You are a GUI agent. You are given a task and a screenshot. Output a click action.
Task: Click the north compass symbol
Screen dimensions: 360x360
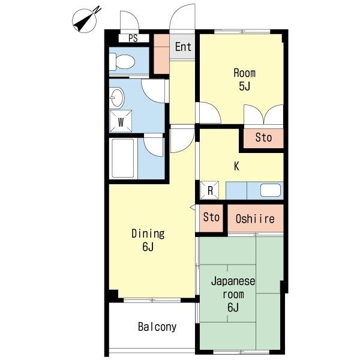(x=85, y=20)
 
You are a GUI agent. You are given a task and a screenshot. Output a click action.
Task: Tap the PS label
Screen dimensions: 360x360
(x=133, y=38)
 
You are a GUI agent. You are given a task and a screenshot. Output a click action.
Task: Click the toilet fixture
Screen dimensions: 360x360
(x=122, y=62)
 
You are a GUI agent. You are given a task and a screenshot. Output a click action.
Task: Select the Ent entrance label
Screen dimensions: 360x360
(x=183, y=47)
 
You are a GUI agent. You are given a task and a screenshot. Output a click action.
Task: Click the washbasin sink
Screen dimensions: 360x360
(x=117, y=98)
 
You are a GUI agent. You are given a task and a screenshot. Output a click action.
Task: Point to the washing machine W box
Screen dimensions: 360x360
(x=121, y=121)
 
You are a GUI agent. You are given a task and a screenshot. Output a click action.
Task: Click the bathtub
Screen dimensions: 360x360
(x=123, y=158)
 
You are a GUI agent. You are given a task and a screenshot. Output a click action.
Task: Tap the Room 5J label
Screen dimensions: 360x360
(x=245, y=79)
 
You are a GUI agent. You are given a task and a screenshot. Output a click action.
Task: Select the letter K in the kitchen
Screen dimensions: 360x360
(x=236, y=166)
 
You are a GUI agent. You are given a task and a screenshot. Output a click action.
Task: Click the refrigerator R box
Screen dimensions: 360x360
(x=209, y=190)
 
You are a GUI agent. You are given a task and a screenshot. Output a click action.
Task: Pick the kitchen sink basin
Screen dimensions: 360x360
(x=271, y=190)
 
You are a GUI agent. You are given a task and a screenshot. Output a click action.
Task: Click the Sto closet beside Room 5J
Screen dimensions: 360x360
(x=263, y=138)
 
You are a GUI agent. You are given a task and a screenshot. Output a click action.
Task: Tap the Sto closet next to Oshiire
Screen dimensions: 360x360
(x=211, y=218)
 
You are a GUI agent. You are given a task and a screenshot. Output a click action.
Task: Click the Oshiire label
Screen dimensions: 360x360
(x=255, y=219)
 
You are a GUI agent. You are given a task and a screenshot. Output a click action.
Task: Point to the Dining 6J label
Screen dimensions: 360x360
(x=148, y=240)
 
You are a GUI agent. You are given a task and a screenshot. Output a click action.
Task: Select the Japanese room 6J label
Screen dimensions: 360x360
(x=233, y=295)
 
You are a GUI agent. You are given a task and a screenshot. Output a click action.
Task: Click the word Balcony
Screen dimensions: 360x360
(x=157, y=327)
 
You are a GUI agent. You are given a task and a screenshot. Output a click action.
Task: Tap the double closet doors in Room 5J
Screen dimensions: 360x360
(x=263, y=115)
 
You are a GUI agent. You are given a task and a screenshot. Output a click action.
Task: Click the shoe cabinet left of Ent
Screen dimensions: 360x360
(x=161, y=54)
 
